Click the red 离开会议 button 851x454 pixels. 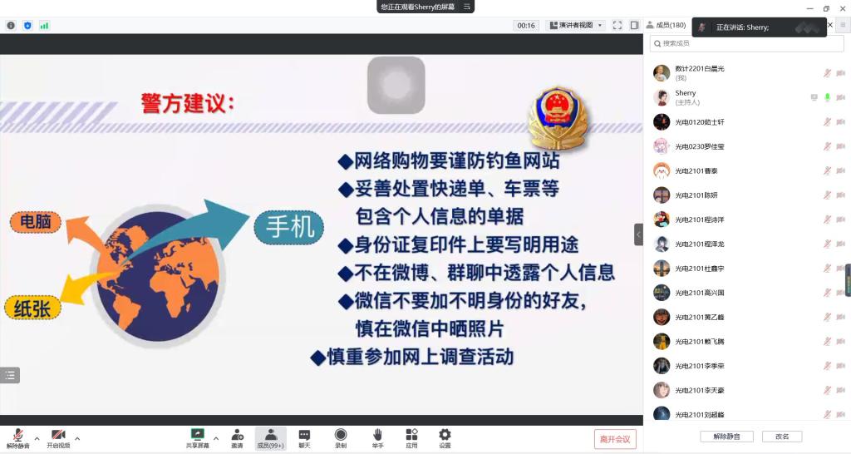coord(615,439)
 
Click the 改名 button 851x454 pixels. coord(782,437)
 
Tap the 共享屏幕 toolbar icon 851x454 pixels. coord(197,438)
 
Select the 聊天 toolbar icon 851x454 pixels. coord(304,438)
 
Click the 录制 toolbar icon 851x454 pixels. coord(341,438)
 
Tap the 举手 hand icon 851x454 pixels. coord(377,438)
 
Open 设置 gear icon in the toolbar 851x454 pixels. coord(445,438)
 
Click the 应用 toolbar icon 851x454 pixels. coord(411,438)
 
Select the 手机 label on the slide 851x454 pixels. coord(288,227)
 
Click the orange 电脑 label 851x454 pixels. coord(36,222)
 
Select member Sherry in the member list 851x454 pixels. coord(686,97)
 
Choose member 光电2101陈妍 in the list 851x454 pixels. coord(696,195)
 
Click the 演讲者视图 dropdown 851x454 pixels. coord(576,26)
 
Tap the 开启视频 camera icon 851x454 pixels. coord(58,438)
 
